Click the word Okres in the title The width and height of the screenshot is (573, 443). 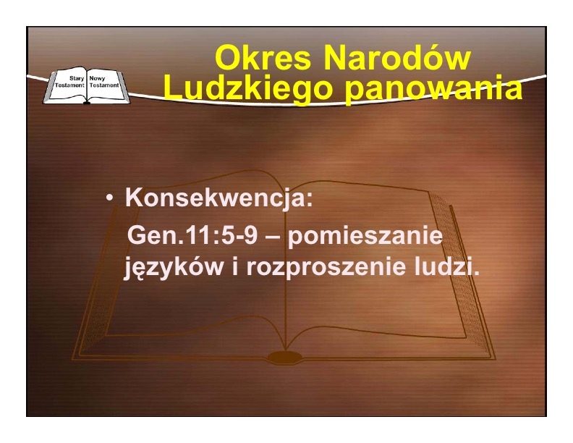point(263,58)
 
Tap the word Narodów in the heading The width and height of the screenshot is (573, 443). point(397,58)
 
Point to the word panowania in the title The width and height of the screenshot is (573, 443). point(433,90)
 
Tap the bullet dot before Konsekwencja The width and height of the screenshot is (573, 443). point(109,198)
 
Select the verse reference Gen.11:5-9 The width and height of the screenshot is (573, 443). point(192,235)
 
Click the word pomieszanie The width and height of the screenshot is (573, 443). point(365,237)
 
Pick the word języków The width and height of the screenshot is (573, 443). point(174,268)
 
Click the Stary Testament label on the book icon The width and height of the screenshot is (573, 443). point(69,82)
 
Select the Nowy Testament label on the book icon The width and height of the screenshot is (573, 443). point(103,82)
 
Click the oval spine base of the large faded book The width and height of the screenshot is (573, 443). point(285,357)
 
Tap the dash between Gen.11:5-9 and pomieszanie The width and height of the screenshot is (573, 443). point(273,237)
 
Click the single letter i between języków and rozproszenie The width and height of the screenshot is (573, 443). point(235,266)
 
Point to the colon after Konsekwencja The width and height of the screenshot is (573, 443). point(310,199)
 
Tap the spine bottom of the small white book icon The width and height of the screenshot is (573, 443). point(87,103)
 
